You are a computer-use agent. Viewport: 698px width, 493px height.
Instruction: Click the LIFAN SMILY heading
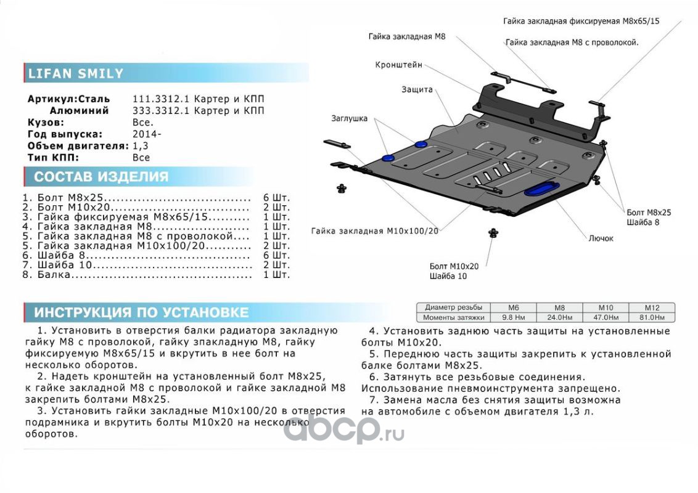click(x=76, y=74)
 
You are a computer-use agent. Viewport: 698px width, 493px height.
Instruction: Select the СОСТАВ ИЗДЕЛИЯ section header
click(x=101, y=177)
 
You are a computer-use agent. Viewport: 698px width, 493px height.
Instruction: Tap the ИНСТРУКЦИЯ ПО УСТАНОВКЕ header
click(x=141, y=312)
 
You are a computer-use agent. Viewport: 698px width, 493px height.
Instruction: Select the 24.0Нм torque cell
click(x=559, y=317)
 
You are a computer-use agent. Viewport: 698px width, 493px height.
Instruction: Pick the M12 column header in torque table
click(x=652, y=308)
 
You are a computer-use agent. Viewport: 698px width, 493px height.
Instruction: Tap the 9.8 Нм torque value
click(x=512, y=317)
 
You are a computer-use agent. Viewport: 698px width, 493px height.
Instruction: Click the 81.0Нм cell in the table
click(x=652, y=317)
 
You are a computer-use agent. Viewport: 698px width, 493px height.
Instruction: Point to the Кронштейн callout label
click(x=399, y=64)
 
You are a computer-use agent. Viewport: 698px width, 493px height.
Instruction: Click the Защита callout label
click(x=417, y=89)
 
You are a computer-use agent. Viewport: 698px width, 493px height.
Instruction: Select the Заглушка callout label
click(x=349, y=118)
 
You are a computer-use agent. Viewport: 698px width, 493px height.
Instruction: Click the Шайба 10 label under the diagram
click(x=448, y=276)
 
